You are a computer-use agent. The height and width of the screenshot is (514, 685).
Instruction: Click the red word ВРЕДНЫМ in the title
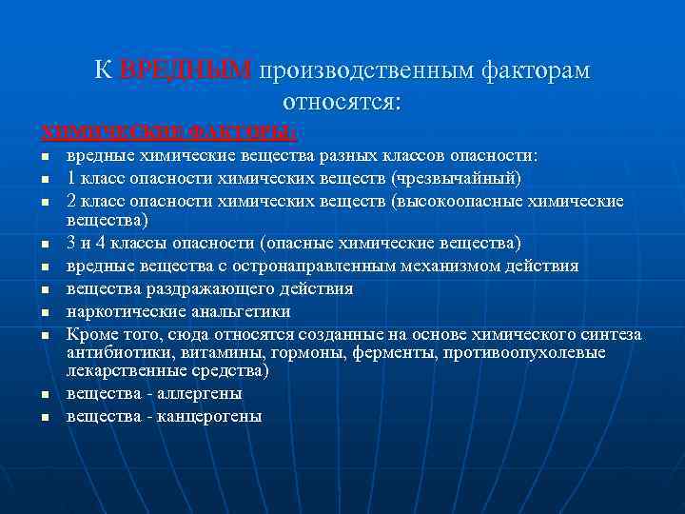point(186,70)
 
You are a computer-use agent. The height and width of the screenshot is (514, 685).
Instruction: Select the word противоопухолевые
point(506,352)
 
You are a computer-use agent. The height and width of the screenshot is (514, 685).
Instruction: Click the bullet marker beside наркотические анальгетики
point(44,312)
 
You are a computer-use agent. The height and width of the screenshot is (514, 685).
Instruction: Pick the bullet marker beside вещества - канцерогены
point(44,417)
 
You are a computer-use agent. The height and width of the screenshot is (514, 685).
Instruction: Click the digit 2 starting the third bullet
point(71,201)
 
